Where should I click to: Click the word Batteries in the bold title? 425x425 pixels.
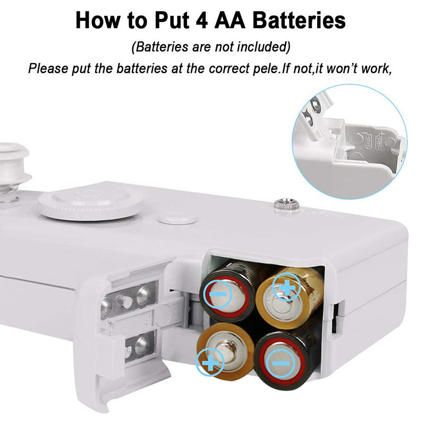(x=299, y=20)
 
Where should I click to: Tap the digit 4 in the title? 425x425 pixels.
(x=201, y=21)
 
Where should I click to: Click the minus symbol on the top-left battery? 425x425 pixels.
(x=218, y=294)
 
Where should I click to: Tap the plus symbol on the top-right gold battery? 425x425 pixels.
(x=286, y=288)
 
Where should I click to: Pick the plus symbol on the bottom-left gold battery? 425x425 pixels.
(x=210, y=363)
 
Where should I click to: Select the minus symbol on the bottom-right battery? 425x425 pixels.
(x=281, y=363)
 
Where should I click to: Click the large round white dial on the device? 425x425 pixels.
(x=90, y=205)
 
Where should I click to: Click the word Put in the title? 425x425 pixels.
(x=172, y=21)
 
